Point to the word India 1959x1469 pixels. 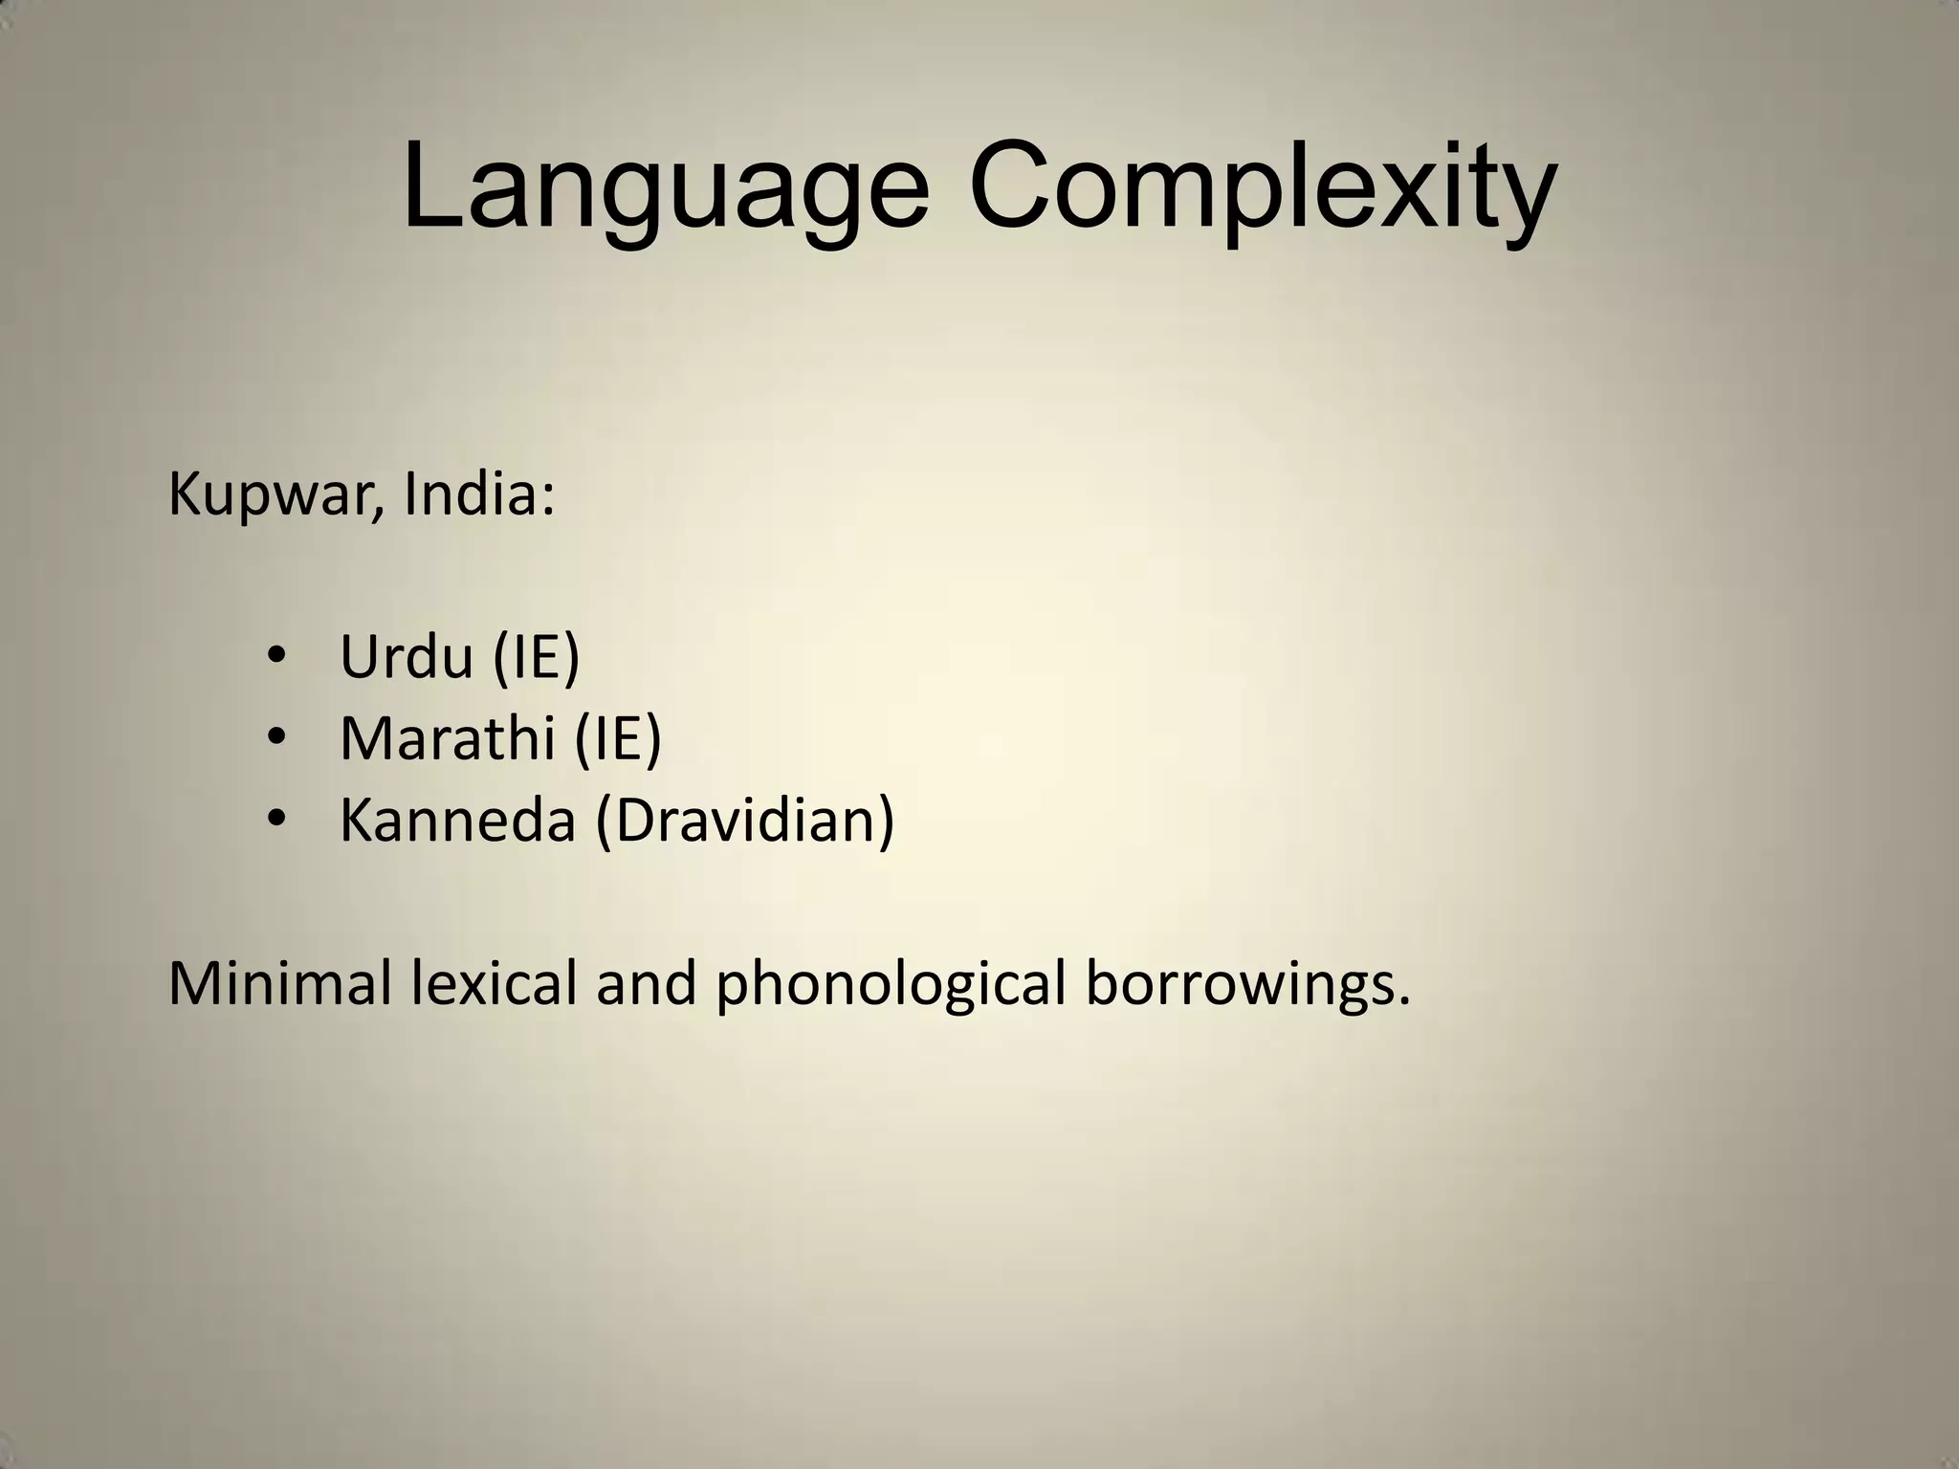pos(470,494)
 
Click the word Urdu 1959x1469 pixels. pos(407,658)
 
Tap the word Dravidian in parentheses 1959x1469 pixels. pos(745,820)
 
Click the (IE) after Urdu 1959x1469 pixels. pos(537,658)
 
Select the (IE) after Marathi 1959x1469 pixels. pos(618,738)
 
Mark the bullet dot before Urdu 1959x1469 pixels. pos(277,657)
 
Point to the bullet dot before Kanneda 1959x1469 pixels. pos(277,819)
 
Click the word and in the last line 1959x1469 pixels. pos(647,983)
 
